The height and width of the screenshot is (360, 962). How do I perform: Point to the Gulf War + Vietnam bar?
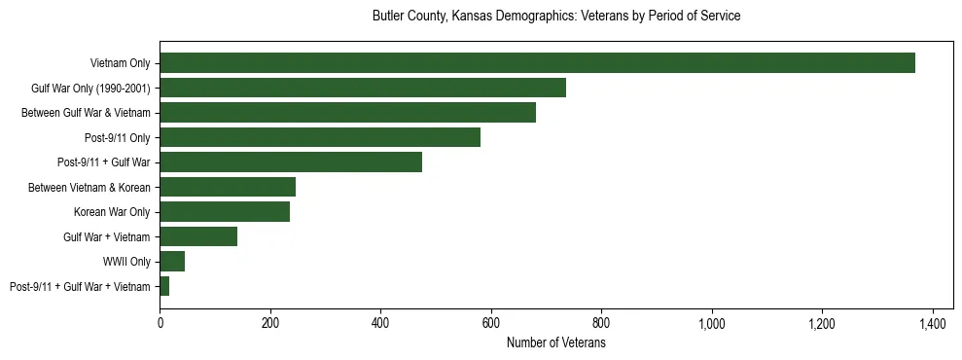pos(198,236)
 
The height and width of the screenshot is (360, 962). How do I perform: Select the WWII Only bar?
pos(172,262)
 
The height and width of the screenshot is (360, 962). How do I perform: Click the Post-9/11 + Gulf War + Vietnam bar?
pos(164,286)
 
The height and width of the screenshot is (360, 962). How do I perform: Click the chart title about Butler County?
pos(556,17)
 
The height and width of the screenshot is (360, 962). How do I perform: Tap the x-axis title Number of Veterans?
pos(556,343)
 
